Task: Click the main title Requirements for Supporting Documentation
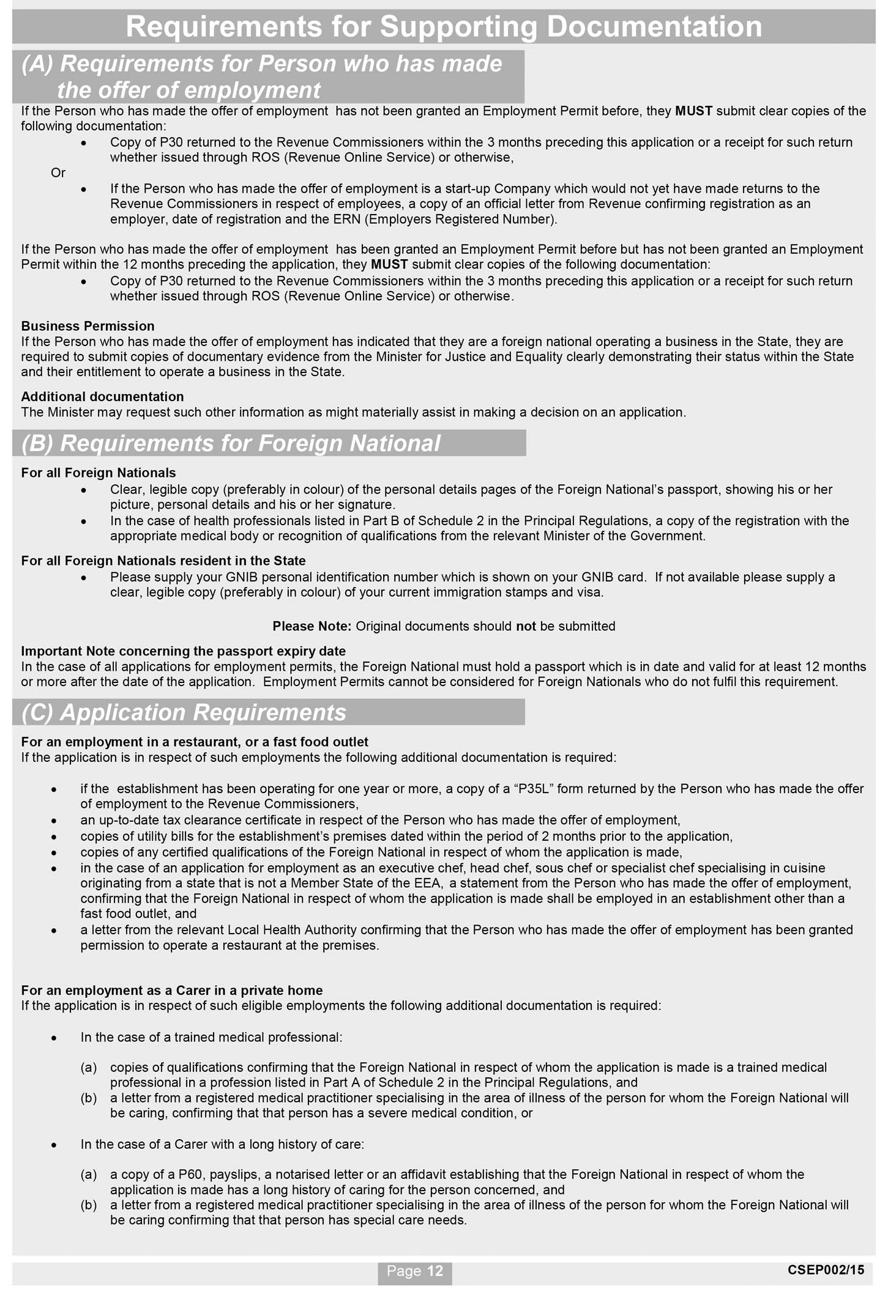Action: point(444,27)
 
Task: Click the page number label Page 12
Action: point(414,1271)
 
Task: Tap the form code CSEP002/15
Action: point(826,1270)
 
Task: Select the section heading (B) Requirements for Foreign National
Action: point(231,443)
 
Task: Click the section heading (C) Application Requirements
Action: point(184,712)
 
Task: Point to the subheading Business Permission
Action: point(88,326)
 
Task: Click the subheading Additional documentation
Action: point(102,396)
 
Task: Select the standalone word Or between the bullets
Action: point(58,173)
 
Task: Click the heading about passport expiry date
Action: point(183,651)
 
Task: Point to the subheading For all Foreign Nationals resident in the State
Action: point(163,561)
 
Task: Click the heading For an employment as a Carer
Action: point(171,990)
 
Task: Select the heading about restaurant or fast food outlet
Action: point(194,742)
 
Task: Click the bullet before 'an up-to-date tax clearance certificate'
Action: point(54,821)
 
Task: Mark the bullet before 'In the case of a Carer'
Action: point(54,1145)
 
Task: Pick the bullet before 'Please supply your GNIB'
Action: point(84,578)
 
